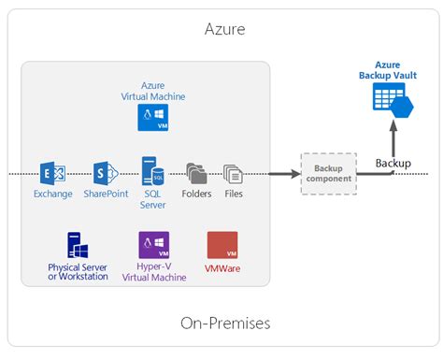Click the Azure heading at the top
pos(224,30)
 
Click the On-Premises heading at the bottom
pos(224,323)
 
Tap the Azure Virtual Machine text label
pos(152,90)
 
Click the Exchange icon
pos(52,173)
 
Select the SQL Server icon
pos(152,171)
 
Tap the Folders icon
pos(197,173)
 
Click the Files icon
pos(233,173)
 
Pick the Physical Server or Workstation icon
pos(78,246)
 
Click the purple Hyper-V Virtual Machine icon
pos(152,246)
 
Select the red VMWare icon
pos(221,246)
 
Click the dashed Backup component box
pos(328,173)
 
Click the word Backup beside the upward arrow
pos(393,164)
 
